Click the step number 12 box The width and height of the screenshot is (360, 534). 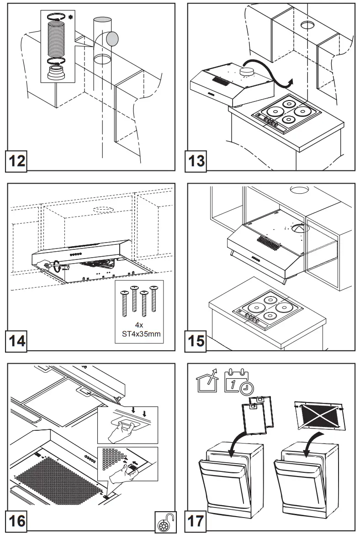16,162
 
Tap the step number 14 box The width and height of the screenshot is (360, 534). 16,342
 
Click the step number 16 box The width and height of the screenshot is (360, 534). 16,521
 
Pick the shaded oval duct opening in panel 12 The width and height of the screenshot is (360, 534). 111,39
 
